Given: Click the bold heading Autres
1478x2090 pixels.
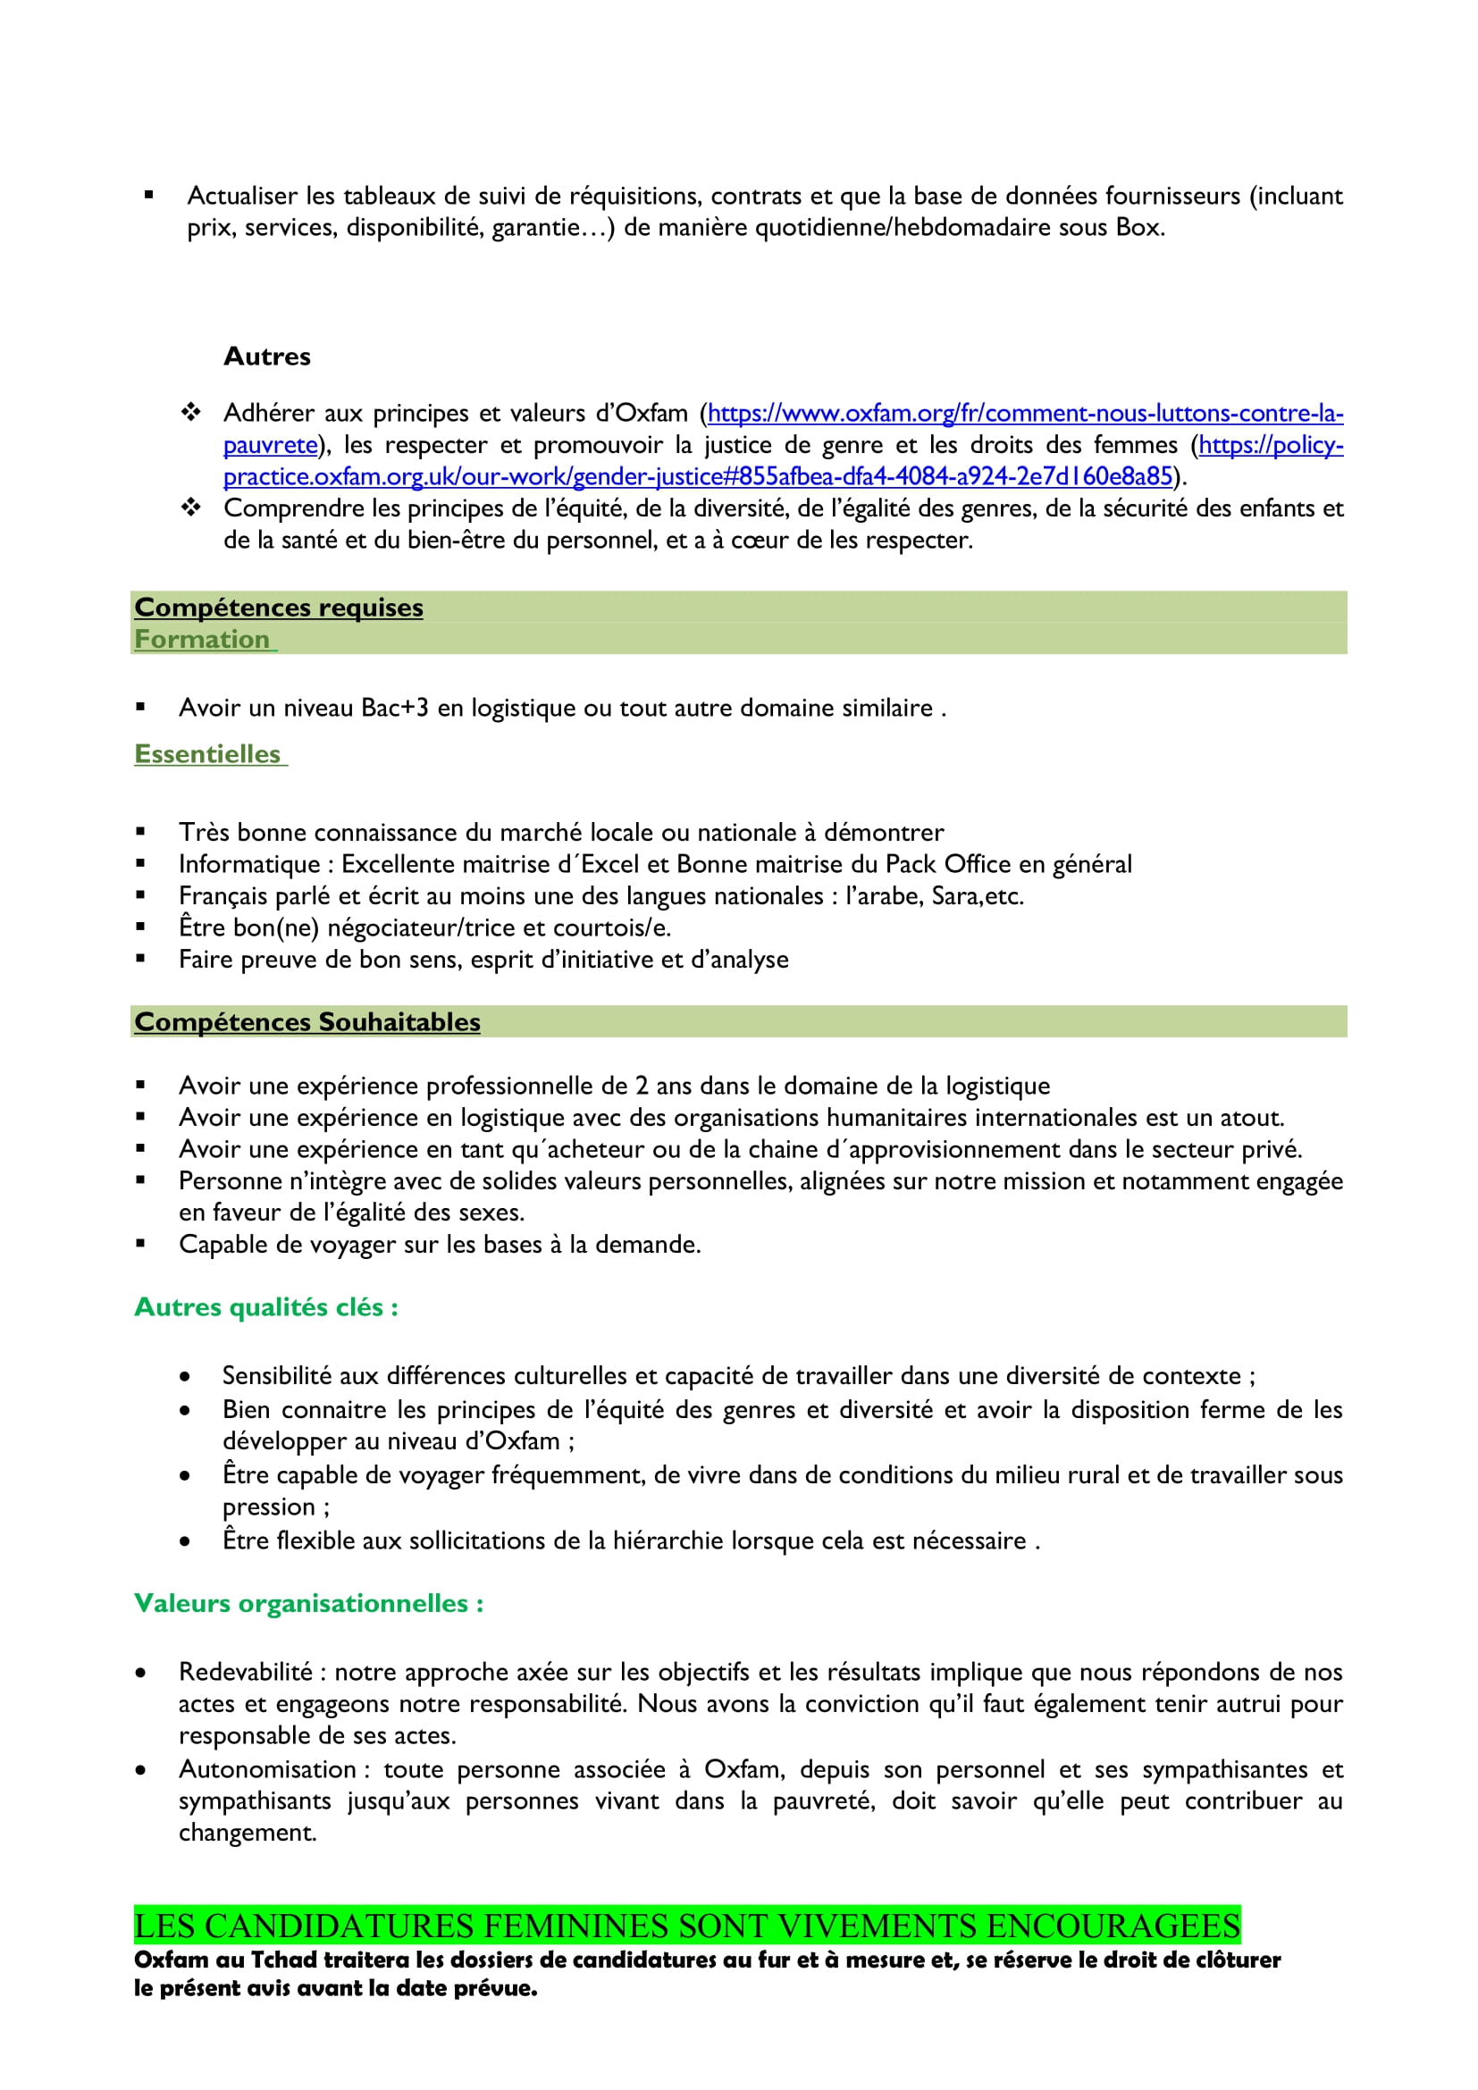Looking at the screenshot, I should coord(266,356).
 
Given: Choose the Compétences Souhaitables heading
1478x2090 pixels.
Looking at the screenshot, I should coord(307,1021).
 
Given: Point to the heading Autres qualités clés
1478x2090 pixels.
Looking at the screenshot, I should coord(265,1307).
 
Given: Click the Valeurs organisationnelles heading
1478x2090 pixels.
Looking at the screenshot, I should coord(308,1603).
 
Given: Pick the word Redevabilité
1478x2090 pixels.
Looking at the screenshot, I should coord(246,1672).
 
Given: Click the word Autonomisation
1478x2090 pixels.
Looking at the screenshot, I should coord(267,1769).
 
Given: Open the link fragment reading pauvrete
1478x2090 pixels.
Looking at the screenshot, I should coord(270,445).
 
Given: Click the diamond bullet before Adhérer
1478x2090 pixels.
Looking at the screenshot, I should coord(190,414).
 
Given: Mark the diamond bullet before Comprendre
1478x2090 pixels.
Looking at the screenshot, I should coord(190,508).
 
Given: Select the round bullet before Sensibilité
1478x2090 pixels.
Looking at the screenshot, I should coord(185,1376).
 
